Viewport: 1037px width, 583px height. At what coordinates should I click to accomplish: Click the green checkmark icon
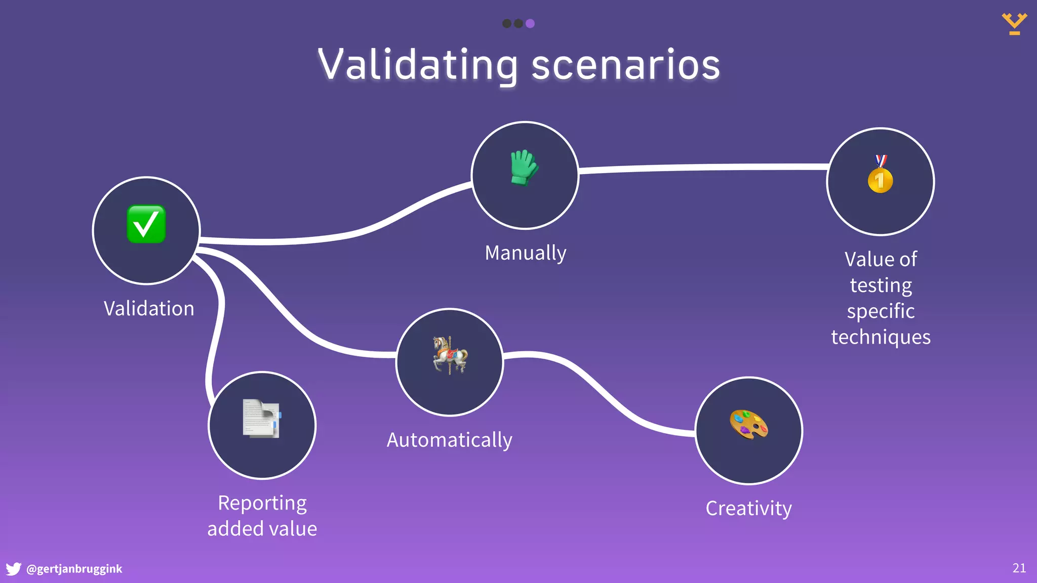[x=146, y=224]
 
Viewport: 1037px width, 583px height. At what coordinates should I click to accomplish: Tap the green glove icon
[x=524, y=168]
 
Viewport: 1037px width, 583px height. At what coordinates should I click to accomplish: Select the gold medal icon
[x=880, y=175]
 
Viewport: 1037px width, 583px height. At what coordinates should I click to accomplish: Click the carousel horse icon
[x=450, y=355]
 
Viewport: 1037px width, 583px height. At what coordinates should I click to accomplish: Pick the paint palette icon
[x=748, y=424]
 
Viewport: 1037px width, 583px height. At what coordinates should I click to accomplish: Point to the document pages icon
[x=261, y=418]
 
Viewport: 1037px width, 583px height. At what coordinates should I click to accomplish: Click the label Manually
[x=525, y=253]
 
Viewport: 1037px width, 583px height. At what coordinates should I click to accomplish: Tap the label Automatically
[x=449, y=440]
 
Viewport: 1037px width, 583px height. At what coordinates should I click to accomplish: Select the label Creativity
[x=748, y=508]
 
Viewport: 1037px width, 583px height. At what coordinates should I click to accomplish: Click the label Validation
[x=149, y=309]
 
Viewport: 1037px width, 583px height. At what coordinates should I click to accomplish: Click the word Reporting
[x=262, y=503]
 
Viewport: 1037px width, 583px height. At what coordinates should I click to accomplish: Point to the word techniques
[x=881, y=337]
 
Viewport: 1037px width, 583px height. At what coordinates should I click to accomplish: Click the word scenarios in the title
[x=625, y=65]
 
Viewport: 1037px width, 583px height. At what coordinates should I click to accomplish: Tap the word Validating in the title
[x=418, y=65]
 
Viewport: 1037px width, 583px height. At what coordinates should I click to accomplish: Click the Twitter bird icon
[x=13, y=569]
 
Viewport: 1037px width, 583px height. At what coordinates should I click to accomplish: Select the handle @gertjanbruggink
[x=74, y=569]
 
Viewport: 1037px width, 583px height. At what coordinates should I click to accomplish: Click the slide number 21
[x=1019, y=568]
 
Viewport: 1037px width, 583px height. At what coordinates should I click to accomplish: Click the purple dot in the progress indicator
[x=530, y=23]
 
